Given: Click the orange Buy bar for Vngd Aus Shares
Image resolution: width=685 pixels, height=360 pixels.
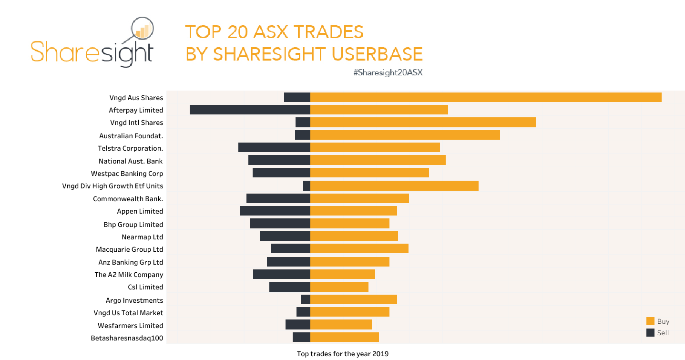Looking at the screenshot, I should pos(486,97).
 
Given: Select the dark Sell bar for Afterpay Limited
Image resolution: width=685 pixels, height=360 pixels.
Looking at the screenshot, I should pos(250,110).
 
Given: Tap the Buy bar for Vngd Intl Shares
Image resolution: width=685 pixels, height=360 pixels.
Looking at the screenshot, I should pos(423,123).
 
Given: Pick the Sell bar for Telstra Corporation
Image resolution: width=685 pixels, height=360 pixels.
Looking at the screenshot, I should pos(274,148).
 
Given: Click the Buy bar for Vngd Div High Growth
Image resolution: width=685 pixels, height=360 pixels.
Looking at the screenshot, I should pos(394,186).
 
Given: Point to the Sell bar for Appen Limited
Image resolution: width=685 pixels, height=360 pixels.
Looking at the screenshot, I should pos(275,211).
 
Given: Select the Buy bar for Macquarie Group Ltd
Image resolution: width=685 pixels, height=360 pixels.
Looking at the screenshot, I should pos(359,249).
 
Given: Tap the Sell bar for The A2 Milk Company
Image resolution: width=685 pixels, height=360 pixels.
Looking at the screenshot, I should pos(282,274).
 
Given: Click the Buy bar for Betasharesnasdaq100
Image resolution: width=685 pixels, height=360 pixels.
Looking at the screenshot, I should pos(345,338).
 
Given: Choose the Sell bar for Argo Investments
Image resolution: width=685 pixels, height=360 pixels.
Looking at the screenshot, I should pos(306,299).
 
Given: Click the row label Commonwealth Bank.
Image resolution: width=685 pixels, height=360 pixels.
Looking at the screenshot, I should pos(128,199).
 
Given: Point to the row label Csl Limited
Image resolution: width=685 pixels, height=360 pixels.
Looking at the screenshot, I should pos(145,287).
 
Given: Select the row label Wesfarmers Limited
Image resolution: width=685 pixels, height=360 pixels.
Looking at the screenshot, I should pos(130,326).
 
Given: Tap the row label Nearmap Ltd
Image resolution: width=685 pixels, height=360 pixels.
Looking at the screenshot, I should pos(142,237).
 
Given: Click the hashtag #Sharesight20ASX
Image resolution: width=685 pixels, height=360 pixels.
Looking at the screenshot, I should pos(388,73).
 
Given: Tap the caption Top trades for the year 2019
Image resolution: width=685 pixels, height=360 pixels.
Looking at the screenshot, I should pos(342,354).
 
